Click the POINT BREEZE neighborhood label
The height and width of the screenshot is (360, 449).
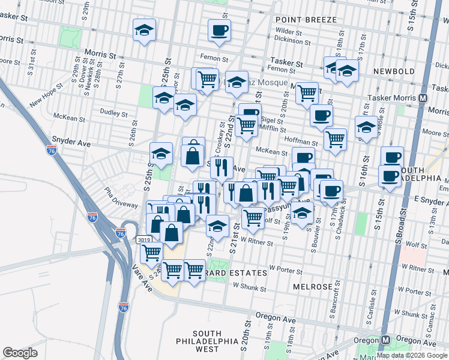[306, 20]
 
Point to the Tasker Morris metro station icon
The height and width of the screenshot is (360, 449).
[423, 98]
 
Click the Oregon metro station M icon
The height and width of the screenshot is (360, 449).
[386, 340]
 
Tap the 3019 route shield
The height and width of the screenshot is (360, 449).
[143, 239]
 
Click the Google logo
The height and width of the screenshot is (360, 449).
[20, 353]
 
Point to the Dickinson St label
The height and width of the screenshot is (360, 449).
[292, 41]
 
